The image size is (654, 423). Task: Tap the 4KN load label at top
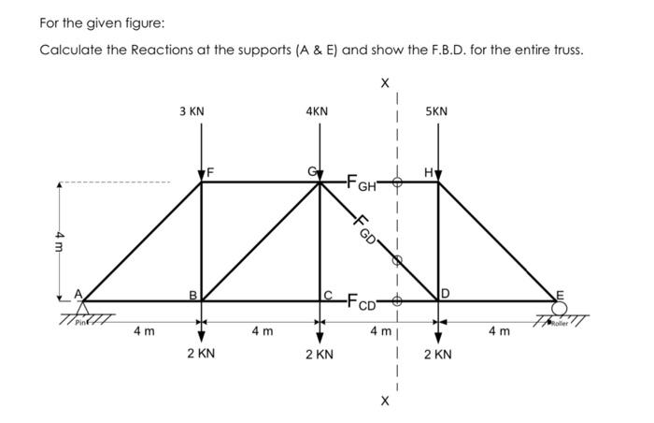[317, 111]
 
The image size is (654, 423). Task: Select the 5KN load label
[436, 111]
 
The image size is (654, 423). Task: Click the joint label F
[211, 172]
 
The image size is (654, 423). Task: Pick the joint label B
[193, 295]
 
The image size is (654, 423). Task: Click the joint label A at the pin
[78, 293]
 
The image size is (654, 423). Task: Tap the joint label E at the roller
[561, 293]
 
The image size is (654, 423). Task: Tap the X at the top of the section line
[385, 82]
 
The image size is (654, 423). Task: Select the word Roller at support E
[560, 323]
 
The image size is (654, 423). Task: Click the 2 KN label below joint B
[201, 355]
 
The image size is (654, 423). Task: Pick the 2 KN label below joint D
[437, 355]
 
